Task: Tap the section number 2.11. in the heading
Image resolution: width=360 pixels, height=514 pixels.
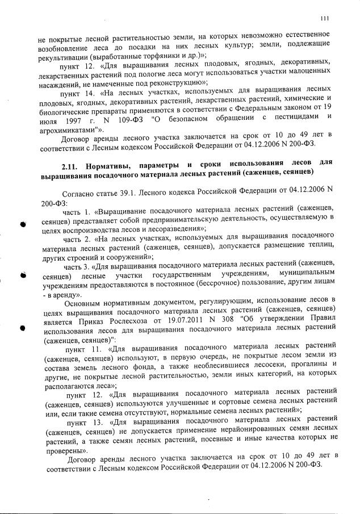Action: tap(71, 164)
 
